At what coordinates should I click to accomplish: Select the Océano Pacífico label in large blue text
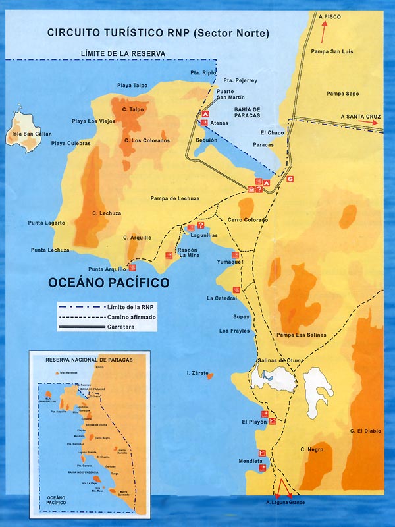(x=109, y=283)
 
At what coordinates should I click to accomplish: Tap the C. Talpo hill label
(x=132, y=109)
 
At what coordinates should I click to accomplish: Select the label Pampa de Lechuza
(x=174, y=198)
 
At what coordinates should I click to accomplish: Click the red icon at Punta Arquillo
(x=132, y=268)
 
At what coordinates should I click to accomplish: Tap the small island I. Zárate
(x=211, y=376)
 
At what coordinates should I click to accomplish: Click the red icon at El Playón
(x=264, y=414)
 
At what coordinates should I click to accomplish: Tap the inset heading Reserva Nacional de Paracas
(x=90, y=360)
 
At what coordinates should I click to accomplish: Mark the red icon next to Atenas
(x=203, y=123)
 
